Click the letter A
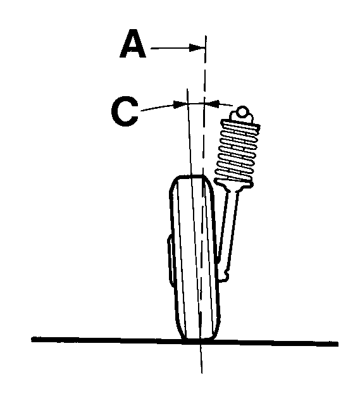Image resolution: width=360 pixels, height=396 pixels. [133, 44]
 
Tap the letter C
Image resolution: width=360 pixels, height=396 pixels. [125, 111]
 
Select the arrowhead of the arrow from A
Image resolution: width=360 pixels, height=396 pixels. [197, 47]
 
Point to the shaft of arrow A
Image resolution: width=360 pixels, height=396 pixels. [170, 47]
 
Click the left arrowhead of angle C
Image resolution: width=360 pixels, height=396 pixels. [180, 104]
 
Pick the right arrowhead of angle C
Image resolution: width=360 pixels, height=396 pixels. [212, 103]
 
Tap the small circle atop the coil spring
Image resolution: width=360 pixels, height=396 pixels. [242, 111]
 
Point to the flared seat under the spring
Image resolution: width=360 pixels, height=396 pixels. [233, 185]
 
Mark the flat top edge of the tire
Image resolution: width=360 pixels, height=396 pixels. [190, 176]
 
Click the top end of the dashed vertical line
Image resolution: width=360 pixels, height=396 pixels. [206, 36]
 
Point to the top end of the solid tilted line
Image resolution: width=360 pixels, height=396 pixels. [187, 89]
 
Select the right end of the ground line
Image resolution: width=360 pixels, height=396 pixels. [338, 344]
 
